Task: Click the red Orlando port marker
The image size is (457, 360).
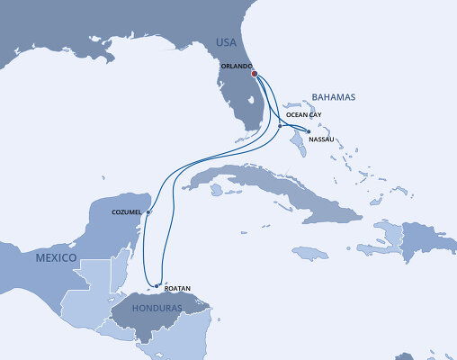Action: click(255, 75)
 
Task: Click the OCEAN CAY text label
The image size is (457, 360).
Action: click(302, 115)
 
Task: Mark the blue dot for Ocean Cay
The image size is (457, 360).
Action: click(281, 124)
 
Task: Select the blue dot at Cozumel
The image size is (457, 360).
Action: click(148, 213)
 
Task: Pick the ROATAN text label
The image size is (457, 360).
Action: click(179, 288)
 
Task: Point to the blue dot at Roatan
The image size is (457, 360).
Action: click(157, 286)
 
